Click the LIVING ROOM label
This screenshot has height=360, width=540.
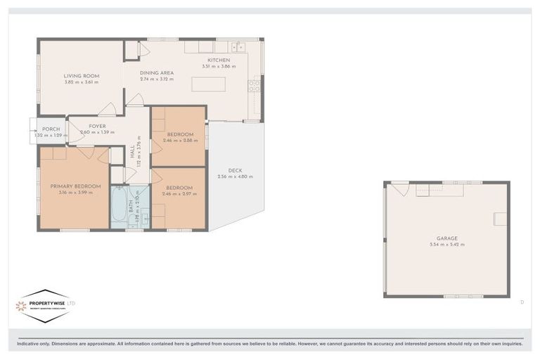point(82,75)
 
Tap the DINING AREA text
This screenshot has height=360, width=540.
point(156,72)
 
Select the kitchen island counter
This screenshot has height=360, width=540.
point(208,84)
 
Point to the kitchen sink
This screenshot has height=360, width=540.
point(238,47)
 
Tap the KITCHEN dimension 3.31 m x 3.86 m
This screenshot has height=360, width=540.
point(219,67)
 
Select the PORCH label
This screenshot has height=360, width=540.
point(51,129)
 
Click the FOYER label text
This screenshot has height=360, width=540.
point(97,126)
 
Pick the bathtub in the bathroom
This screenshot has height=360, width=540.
point(119,207)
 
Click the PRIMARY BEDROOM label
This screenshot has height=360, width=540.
point(75,186)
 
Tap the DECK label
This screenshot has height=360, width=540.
point(235,170)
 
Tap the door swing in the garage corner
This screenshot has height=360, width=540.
point(399,188)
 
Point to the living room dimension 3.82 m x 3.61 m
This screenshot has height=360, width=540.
point(82,82)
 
